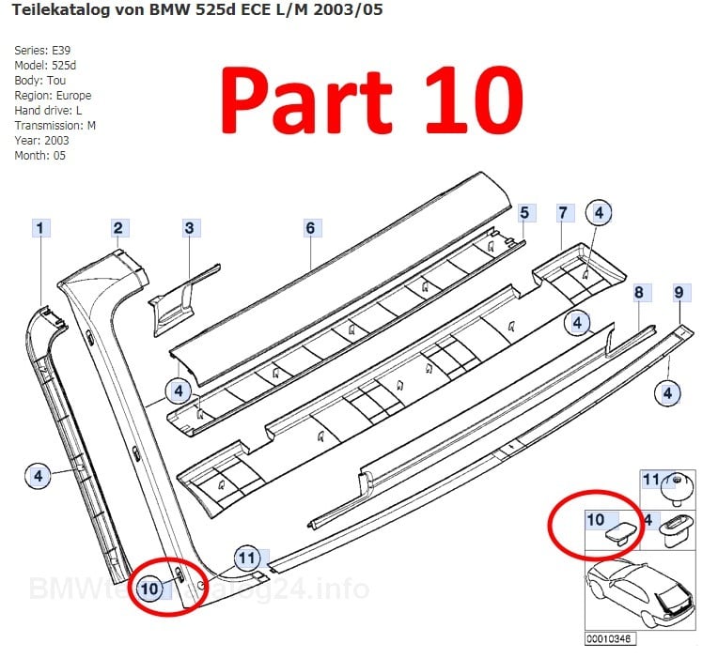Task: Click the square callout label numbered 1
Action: [x=41, y=228]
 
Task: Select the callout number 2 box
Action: [x=117, y=227]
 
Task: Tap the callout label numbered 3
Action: [x=189, y=227]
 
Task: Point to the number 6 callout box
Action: [x=311, y=227]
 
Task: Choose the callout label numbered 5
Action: [x=524, y=213]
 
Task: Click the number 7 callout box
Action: [x=562, y=213]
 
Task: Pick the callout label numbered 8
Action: [x=638, y=293]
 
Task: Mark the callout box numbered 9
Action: [x=679, y=293]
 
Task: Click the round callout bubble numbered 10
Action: [x=150, y=589]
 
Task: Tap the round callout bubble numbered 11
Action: [x=246, y=557]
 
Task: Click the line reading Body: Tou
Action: [x=39, y=80]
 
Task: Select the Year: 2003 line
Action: [x=41, y=140]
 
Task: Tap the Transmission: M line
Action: [x=55, y=125]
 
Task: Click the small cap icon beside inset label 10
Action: [x=621, y=535]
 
